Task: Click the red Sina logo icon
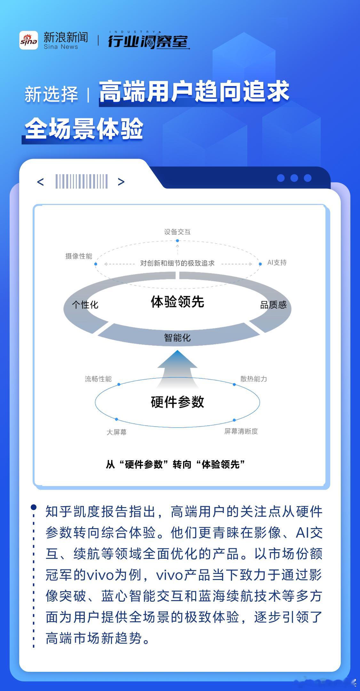[28, 40]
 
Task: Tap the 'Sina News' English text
[61, 47]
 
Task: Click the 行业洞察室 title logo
[148, 41]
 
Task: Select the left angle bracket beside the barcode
[40, 182]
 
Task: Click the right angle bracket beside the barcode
[121, 182]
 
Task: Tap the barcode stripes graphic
[81, 181]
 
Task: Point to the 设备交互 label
[177, 232]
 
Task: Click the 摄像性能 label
[79, 256]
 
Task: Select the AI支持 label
[277, 263]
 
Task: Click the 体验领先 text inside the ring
[177, 302]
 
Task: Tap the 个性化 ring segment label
[85, 305]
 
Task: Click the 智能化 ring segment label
[177, 338]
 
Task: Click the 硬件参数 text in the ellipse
[177, 402]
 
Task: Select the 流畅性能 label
[98, 379]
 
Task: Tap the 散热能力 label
[253, 379]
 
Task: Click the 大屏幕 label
[116, 432]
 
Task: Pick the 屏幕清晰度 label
[241, 431]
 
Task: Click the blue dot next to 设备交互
[177, 241]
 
